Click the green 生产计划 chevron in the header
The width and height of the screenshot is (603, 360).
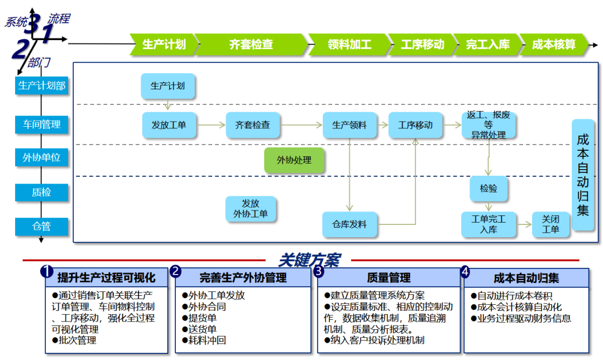(x=164, y=44)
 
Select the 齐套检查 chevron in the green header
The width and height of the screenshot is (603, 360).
(x=251, y=44)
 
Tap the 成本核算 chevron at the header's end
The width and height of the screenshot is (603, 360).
(x=554, y=44)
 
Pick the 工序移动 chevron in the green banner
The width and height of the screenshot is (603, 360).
(x=422, y=44)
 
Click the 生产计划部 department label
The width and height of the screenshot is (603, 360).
(x=42, y=85)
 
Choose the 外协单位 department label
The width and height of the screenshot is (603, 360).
(x=42, y=158)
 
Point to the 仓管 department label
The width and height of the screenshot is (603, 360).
(x=42, y=226)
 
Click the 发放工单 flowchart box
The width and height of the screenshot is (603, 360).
(x=169, y=125)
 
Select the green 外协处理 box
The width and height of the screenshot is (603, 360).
(x=294, y=161)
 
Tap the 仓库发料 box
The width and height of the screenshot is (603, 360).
(x=350, y=224)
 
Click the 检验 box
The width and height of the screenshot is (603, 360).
(x=489, y=189)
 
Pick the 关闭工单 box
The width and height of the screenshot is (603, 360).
(x=551, y=224)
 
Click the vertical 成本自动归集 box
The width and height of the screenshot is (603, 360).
(x=583, y=175)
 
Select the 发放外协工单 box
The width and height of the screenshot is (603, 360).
(x=251, y=209)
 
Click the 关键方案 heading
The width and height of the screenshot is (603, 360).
(x=309, y=260)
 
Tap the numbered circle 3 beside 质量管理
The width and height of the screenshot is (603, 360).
(x=319, y=271)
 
